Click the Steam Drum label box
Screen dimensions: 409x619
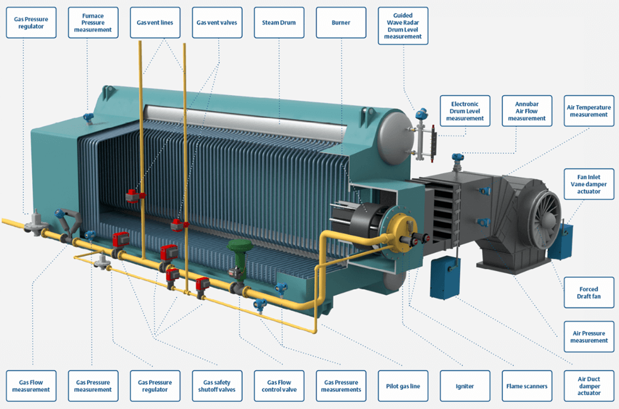(x=280, y=23)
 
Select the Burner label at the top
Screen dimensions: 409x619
(x=341, y=23)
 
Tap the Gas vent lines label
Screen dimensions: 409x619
(x=155, y=23)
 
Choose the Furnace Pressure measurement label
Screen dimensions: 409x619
(x=93, y=23)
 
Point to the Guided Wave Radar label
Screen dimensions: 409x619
(x=403, y=26)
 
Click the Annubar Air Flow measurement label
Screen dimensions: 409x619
(x=526, y=111)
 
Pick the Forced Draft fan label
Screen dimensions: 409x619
(x=588, y=292)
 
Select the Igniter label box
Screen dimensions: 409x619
(x=464, y=386)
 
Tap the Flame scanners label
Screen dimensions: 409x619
(x=526, y=386)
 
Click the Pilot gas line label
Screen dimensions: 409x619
(x=403, y=386)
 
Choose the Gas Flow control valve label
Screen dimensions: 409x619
(x=279, y=386)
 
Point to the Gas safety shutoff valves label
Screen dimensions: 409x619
(x=217, y=386)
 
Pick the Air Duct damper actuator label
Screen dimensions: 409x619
(x=588, y=386)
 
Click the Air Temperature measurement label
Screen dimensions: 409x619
(x=588, y=111)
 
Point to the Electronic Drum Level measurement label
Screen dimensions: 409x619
(x=464, y=111)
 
